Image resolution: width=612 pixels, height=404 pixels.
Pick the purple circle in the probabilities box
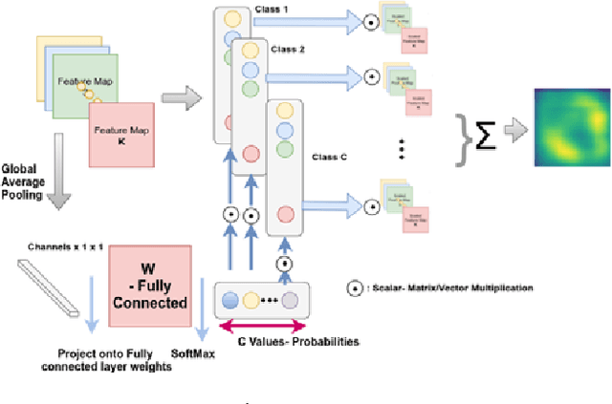coord(291,299)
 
